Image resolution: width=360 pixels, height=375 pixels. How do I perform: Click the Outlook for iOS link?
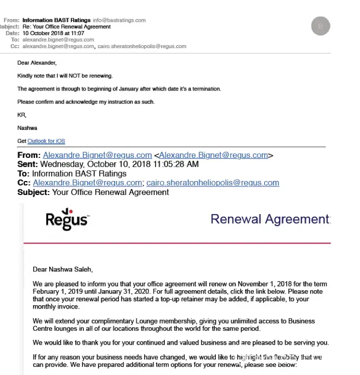coord(46,141)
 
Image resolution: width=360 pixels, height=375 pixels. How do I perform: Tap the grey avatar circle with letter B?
coord(320,26)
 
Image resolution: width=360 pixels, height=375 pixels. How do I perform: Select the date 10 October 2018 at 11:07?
coord(53,33)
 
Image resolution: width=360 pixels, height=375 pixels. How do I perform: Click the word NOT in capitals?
coord(69,76)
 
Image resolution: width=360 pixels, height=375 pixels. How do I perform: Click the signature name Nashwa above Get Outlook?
coord(27,128)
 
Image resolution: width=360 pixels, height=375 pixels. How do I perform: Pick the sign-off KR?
coord(22,115)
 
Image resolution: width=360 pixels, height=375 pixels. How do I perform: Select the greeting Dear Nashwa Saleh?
coord(62,269)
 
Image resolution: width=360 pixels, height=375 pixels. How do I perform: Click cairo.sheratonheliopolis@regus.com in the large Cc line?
coord(213,183)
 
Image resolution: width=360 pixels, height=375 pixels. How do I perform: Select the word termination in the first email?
coord(207,89)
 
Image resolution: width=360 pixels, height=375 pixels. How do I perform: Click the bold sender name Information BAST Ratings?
coord(56,20)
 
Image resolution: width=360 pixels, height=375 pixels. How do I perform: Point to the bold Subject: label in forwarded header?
coord(33,192)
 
